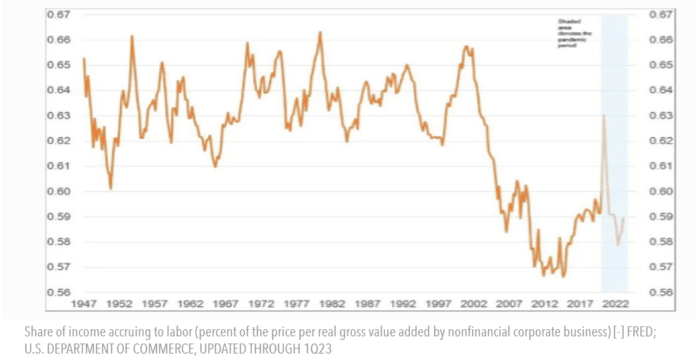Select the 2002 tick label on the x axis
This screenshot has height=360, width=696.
pos(475,303)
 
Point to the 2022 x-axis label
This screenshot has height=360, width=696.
pos(615,303)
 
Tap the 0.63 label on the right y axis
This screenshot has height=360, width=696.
pos(662,115)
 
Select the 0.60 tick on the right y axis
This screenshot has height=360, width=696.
pos(662,191)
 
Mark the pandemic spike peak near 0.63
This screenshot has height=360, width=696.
pos(604,115)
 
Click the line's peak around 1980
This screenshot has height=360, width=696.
pos(320,32)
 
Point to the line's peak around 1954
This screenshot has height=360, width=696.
pos(132,36)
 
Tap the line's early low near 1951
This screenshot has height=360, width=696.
pos(111,188)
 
